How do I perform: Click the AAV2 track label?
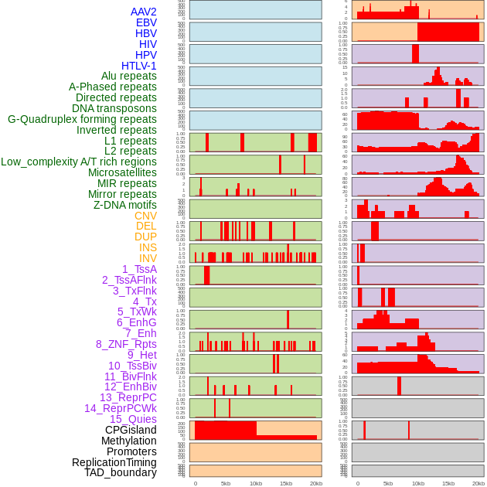143,12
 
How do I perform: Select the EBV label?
146,22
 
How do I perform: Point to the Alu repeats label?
129,76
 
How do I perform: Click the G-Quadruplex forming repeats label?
82,119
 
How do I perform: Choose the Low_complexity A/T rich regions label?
79,162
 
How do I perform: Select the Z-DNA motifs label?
124,205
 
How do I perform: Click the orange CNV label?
145,216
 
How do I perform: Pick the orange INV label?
148,258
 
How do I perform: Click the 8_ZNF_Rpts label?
126,344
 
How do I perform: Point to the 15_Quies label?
133,419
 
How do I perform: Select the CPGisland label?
131,430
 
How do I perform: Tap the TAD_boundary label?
121,472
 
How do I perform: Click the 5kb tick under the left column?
226,483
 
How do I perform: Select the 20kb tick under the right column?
478,483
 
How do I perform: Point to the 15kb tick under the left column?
286,483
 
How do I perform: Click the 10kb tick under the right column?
418,483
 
